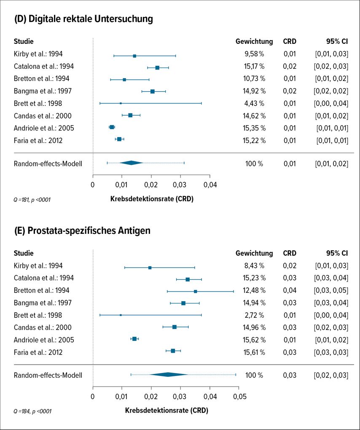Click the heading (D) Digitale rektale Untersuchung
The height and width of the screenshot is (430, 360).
[83, 19]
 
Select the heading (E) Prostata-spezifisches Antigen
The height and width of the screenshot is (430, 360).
[82, 231]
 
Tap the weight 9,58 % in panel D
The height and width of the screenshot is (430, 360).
[255, 54]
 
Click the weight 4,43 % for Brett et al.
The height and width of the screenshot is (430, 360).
[255, 103]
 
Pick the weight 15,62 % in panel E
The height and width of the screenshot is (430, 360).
[255, 340]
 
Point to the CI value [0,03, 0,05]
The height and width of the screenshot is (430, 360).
[331, 291]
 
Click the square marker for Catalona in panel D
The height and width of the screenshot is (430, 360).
[157, 68]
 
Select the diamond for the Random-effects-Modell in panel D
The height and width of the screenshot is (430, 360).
[131, 163]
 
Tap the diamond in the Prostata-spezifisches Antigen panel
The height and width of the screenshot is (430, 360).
[168, 375]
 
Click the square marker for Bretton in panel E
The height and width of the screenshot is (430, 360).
[195, 291]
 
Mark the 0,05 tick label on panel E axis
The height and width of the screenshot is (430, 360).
[239, 397]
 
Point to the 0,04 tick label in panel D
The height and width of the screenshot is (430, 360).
[210, 185]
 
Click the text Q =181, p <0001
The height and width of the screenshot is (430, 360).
[32, 200]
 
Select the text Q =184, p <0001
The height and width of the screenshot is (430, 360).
[32, 411]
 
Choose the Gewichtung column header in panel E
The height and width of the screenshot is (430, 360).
[254, 253]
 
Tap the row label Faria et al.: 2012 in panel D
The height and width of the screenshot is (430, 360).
[38, 141]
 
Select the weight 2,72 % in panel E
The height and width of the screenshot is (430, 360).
[255, 315]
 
